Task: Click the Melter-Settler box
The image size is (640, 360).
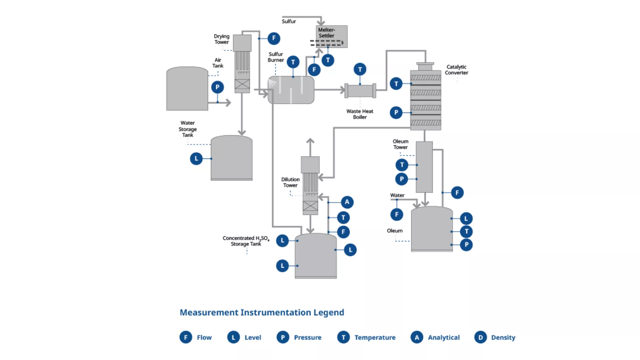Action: click(x=331, y=36)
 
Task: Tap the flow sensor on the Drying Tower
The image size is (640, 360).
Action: click(x=274, y=38)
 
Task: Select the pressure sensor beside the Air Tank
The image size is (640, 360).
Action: click(x=217, y=87)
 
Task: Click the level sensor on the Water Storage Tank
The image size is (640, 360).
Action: click(x=196, y=159)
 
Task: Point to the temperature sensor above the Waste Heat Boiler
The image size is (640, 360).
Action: click(x=360, y=69)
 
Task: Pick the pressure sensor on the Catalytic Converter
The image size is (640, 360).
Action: click(x=396, y=113)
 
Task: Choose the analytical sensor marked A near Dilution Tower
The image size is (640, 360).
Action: click(x=347, y=202)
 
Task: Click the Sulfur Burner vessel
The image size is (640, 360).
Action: click(x=291, y=90)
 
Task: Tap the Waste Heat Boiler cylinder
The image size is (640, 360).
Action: click(x=360, y=91)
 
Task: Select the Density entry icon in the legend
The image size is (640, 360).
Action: click(x=480, y=337)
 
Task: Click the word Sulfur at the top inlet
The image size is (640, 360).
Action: click(x=289, y=21)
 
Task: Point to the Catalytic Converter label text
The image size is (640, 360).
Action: click(x=456, y=70)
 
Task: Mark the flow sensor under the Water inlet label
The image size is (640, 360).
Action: click(x=397, y=214)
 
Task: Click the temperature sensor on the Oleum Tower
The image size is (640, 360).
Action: click(x=402, y=165)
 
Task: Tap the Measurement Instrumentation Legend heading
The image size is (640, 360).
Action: click(x=262, y=312)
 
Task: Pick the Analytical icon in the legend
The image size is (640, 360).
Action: click(x=417, y=337)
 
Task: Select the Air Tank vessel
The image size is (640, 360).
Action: click(x=187, y=89)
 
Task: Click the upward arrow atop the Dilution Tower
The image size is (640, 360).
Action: click(x=310, y=141)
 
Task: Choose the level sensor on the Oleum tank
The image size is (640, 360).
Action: click(x=466, y=219)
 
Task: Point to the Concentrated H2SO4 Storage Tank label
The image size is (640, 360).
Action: click(x=246, y=241)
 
